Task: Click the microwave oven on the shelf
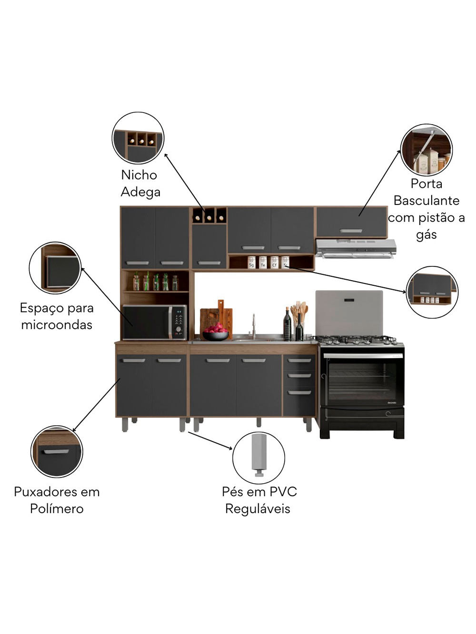154,322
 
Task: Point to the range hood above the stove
356,248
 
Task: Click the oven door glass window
362,381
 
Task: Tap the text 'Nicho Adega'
140,184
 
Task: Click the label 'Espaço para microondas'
57,316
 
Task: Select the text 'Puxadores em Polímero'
57,500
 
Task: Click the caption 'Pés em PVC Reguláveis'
259,500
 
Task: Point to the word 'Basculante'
426,201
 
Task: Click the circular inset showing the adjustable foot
258,458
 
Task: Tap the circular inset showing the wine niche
138,138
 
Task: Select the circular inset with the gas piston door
426,150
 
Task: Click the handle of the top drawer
299,361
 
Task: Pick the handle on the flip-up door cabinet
351,231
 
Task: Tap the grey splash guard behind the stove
349,312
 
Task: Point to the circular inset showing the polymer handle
57,451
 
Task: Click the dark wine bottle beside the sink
287,325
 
